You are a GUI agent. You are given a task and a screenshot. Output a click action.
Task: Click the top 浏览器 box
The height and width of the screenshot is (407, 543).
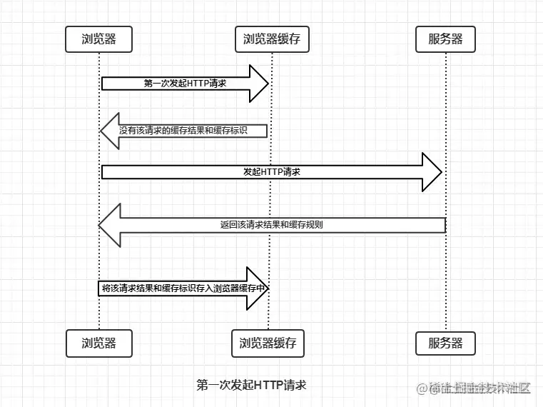point(99,39)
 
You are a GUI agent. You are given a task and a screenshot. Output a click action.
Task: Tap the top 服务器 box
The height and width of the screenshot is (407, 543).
point(445,39)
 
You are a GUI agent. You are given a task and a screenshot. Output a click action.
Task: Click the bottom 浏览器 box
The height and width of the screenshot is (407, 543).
point(99,343)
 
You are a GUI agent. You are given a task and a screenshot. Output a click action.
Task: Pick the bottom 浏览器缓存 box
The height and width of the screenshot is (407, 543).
point(268,343)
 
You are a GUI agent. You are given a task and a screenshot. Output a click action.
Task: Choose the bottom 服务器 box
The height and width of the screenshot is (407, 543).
point(445,343)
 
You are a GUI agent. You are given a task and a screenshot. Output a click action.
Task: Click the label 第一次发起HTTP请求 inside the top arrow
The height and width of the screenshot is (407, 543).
point(185,84)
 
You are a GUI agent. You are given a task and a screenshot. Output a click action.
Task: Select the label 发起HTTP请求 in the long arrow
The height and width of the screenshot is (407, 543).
point(272,172)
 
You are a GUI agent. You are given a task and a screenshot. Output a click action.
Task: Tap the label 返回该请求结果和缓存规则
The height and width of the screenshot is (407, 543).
point(271,225)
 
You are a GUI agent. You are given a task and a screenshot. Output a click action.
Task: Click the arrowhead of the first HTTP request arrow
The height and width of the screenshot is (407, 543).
point(258,84)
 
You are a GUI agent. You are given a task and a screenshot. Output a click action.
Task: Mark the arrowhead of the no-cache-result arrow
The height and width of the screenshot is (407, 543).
point(109,131)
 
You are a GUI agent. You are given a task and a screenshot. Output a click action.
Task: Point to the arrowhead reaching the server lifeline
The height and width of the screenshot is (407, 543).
point(432,172)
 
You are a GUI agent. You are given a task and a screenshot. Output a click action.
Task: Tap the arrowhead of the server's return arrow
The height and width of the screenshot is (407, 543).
point(109,225)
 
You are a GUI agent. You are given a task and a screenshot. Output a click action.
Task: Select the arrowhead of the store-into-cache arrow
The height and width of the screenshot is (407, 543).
point(258,288)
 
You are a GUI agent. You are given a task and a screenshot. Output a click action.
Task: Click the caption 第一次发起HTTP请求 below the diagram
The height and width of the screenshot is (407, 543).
point(251,385)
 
